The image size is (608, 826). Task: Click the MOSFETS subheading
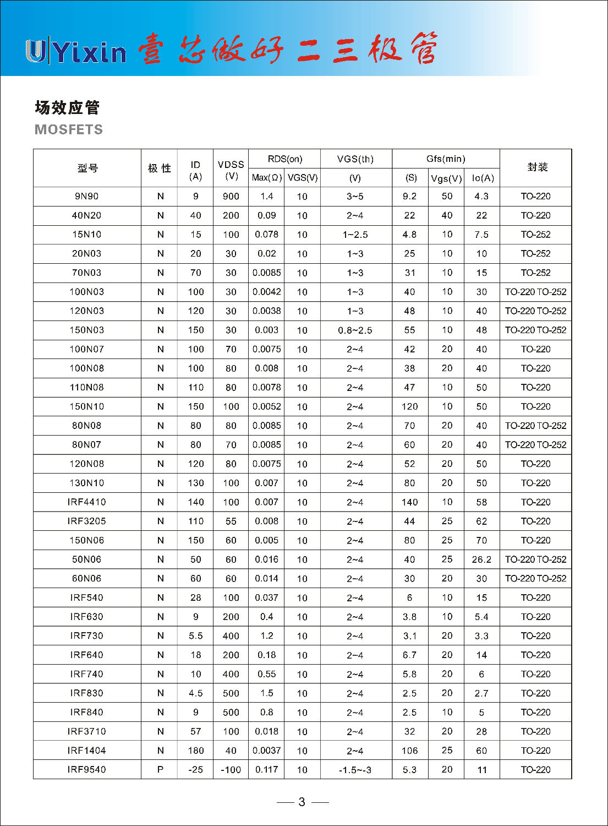tap(69, 129)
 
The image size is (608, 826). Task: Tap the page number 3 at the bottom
tap(302, 802)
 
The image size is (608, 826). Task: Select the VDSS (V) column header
tap(231, 170)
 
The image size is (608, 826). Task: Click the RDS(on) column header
tap(284, 159)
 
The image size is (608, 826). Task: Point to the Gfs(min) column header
tap(446, 159)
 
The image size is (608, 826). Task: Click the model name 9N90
tap(87, 196)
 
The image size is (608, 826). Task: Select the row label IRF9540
tap(87, 769)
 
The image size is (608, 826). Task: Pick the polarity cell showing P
tap(160, 769)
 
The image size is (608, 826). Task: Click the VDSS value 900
tap(231, 196)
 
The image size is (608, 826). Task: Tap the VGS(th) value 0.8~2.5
tap(355, 330)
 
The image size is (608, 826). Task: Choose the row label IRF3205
tap(87, 521)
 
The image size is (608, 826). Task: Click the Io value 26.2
tap(481, 559)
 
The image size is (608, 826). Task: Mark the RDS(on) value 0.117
tap(266, 769)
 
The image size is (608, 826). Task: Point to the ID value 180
tap(195, 751)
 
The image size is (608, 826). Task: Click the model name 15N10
tap(87, 235)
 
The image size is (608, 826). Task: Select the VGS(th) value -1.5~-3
tap(355, 770)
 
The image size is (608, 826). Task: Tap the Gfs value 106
tap(409, 751)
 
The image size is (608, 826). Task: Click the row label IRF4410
tap(87, 502)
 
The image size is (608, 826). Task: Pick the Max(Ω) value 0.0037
tap(266, 751)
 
